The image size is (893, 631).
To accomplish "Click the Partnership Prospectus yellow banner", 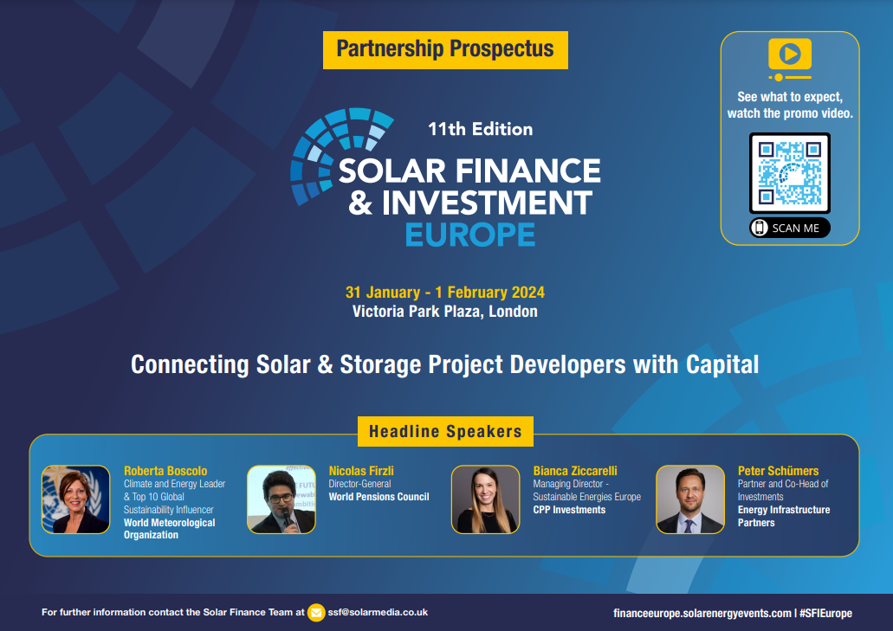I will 445,49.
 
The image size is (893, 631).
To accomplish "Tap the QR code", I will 789,173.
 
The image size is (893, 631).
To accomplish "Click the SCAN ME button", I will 789,228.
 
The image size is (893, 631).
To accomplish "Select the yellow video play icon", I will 789,55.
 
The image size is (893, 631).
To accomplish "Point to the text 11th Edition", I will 480,129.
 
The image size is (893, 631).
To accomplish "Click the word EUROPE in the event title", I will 470,234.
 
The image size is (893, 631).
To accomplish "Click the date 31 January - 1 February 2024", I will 445,293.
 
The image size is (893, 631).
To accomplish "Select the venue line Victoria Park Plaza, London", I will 445,312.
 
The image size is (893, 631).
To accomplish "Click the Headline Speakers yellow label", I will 445,431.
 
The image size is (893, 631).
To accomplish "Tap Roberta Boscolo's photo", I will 76,499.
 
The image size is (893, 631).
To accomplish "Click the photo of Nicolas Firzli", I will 281,499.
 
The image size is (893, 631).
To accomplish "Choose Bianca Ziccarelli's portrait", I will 485,499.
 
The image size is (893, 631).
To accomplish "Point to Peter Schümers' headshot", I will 690,499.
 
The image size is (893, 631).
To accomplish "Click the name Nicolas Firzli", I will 361,471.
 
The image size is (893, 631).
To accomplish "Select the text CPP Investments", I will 569,510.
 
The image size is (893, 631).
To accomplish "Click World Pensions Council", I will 379,497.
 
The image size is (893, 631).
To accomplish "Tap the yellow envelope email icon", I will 316,612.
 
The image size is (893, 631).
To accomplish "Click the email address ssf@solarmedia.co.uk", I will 379,612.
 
